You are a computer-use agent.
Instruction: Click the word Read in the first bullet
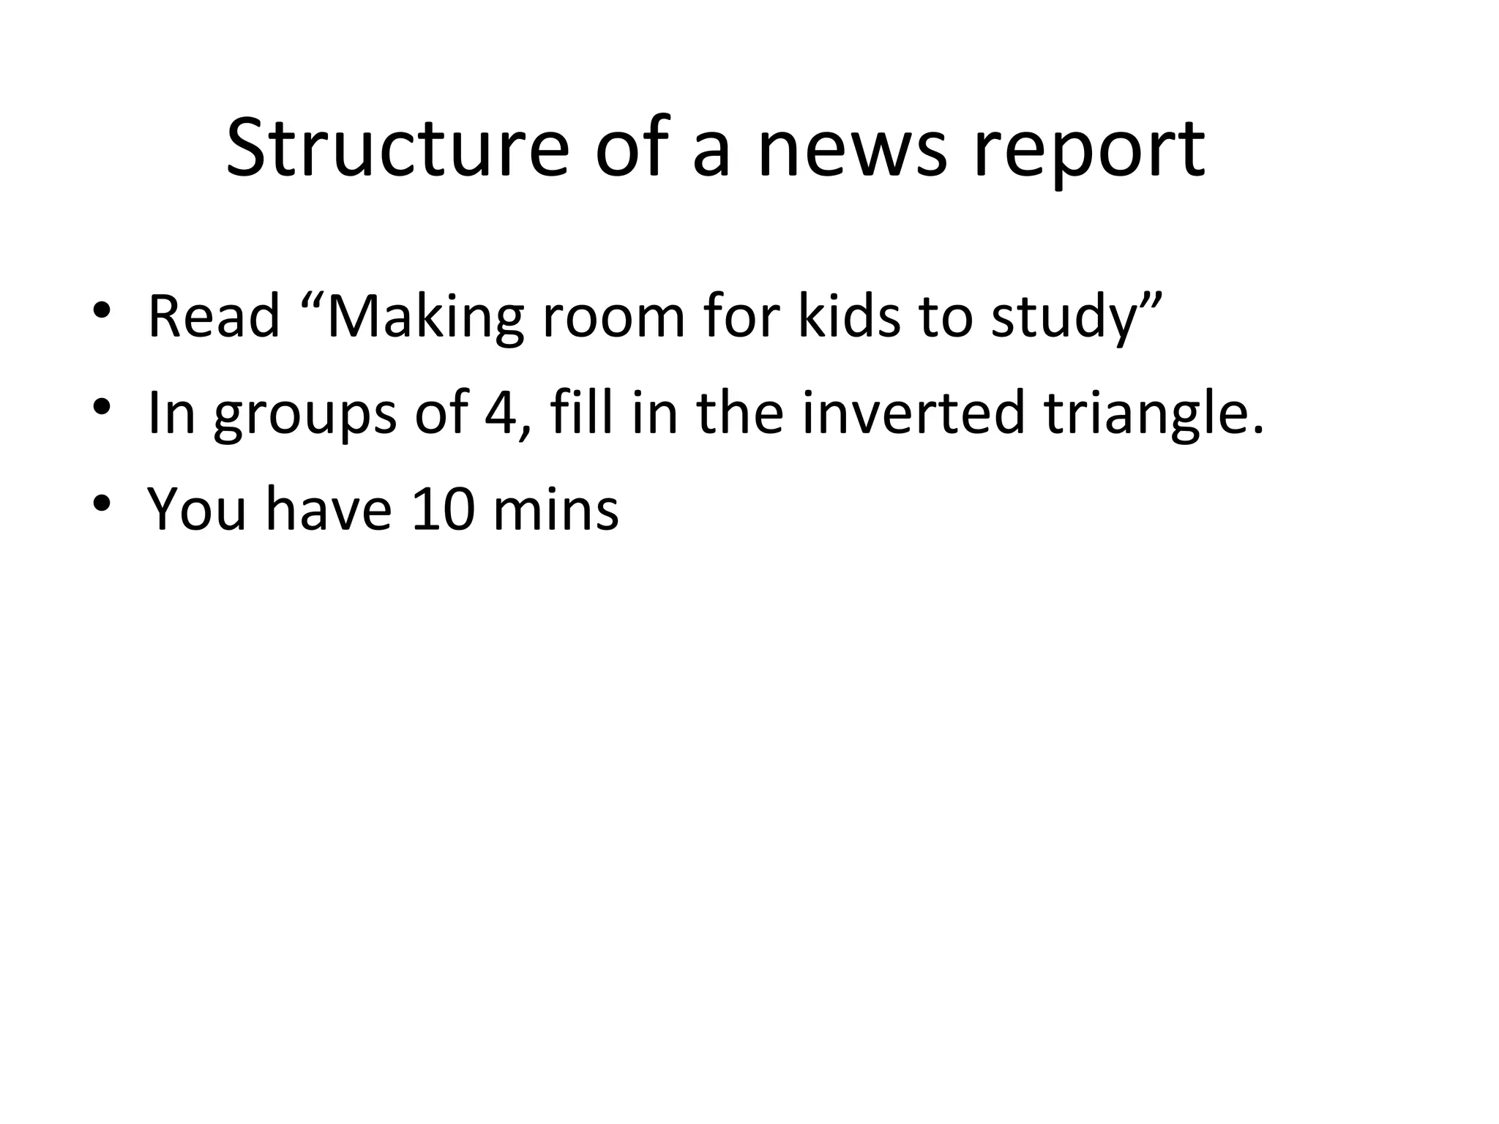[214, 316]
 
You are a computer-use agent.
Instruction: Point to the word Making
[425, 316]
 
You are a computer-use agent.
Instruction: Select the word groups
[305, 413]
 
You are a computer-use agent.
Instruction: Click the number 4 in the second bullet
[500, 413]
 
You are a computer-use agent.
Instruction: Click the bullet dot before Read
[102, 310]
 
